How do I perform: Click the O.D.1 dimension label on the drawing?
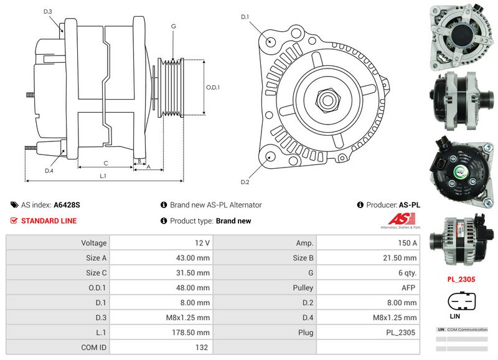click(x=212, y=87)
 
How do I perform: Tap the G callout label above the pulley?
click(x=173, y=26)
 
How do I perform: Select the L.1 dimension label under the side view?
click(x=104, y=176)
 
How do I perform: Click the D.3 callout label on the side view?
click(x=48, y=12)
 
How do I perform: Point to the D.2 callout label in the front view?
click(x=245, y=182)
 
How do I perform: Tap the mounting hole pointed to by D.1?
click(x=271, y=40)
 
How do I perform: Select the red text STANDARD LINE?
click(x=49, y=221)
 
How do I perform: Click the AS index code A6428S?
click(x=67, y=205)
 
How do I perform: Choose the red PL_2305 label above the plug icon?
click(x=461, y=280)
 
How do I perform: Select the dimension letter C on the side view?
click(x=105, y=164)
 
